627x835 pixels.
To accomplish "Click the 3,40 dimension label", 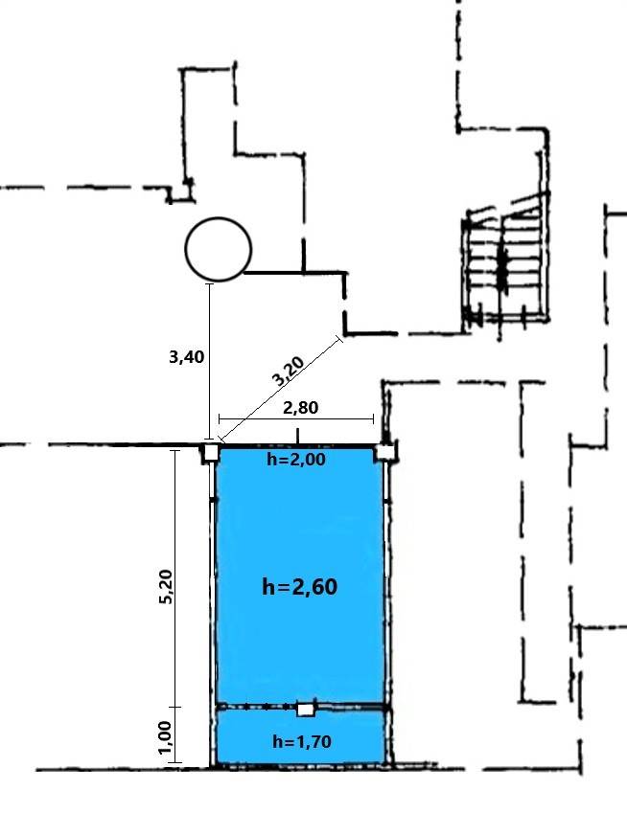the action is (x=187, y=357).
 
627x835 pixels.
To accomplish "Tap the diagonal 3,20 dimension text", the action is (x=288, y=371).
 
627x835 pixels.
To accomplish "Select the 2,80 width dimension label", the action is (x=301, y=408).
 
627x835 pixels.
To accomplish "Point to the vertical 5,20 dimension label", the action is (x=166, y=586).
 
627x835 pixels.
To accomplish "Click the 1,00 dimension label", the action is (x=165, y=737).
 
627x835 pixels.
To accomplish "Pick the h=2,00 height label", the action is (x=296, y=459).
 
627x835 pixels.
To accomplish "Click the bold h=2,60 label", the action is (x=300, y=587).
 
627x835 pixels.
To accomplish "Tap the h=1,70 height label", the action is (x=302, y=741).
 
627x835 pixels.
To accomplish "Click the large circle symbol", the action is (x=218, y=249).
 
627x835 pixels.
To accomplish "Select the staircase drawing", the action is (x=506, y=260).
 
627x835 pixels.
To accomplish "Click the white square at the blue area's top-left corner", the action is (x=211, y=453).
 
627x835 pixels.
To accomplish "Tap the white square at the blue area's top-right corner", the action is (x=385, y=453).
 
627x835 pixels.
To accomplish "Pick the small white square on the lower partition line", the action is (x=306, y=710).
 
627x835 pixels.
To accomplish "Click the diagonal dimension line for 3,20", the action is (x=279, y=390).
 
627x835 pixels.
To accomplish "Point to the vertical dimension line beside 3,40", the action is (x=210, y=363).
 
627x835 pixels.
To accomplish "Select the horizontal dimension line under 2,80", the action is (x=296, y=419).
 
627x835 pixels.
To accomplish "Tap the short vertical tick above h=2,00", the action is (x=297, y=436).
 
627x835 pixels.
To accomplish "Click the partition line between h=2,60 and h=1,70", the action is (x=301, y=708).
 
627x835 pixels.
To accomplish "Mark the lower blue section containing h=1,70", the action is (x=300, y=737).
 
